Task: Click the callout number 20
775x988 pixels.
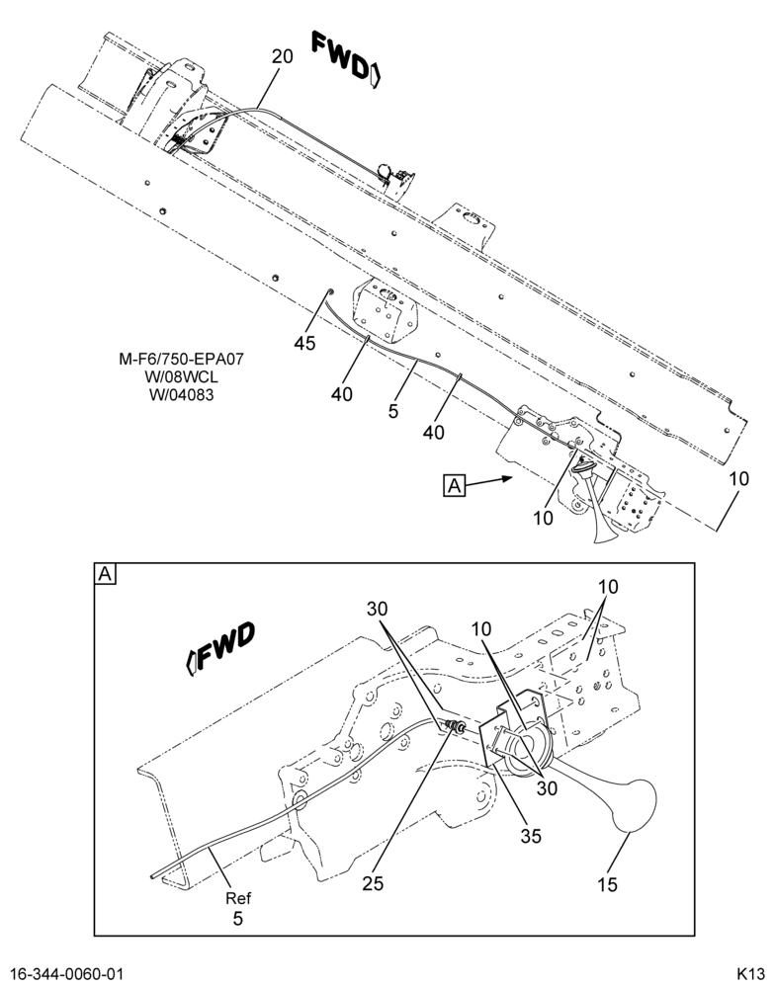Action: coord(283,56)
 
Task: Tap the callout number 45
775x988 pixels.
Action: coord(304,344)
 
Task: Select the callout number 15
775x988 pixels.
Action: coord(607,884)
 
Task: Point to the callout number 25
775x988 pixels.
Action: coord(373,883)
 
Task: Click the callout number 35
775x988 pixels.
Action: coord(531,836)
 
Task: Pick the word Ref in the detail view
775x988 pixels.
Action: coord(237,898)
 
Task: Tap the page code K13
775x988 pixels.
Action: coord(750,973)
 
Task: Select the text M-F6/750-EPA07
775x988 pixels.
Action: coord(182,360)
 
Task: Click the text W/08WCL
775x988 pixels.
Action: coord(182,377)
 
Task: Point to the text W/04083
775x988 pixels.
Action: coord(182,396)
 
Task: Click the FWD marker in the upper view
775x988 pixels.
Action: coord(347,60)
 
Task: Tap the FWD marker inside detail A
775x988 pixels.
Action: coord(220,648)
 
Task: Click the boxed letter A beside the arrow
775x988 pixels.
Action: coord(455,486)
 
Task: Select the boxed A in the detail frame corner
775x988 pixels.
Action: coord(106,574)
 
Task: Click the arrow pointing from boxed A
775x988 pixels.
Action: coord(489,482)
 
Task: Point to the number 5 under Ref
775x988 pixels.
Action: coord(237,918)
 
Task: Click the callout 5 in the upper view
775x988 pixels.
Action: coord(393,412)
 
